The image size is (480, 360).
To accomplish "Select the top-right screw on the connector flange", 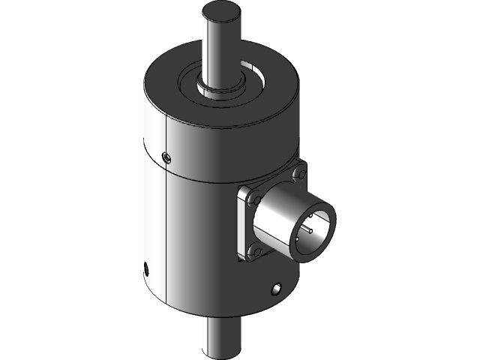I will [x=300, y=174].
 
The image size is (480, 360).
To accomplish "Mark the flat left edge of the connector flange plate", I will [x=241, y=225].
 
